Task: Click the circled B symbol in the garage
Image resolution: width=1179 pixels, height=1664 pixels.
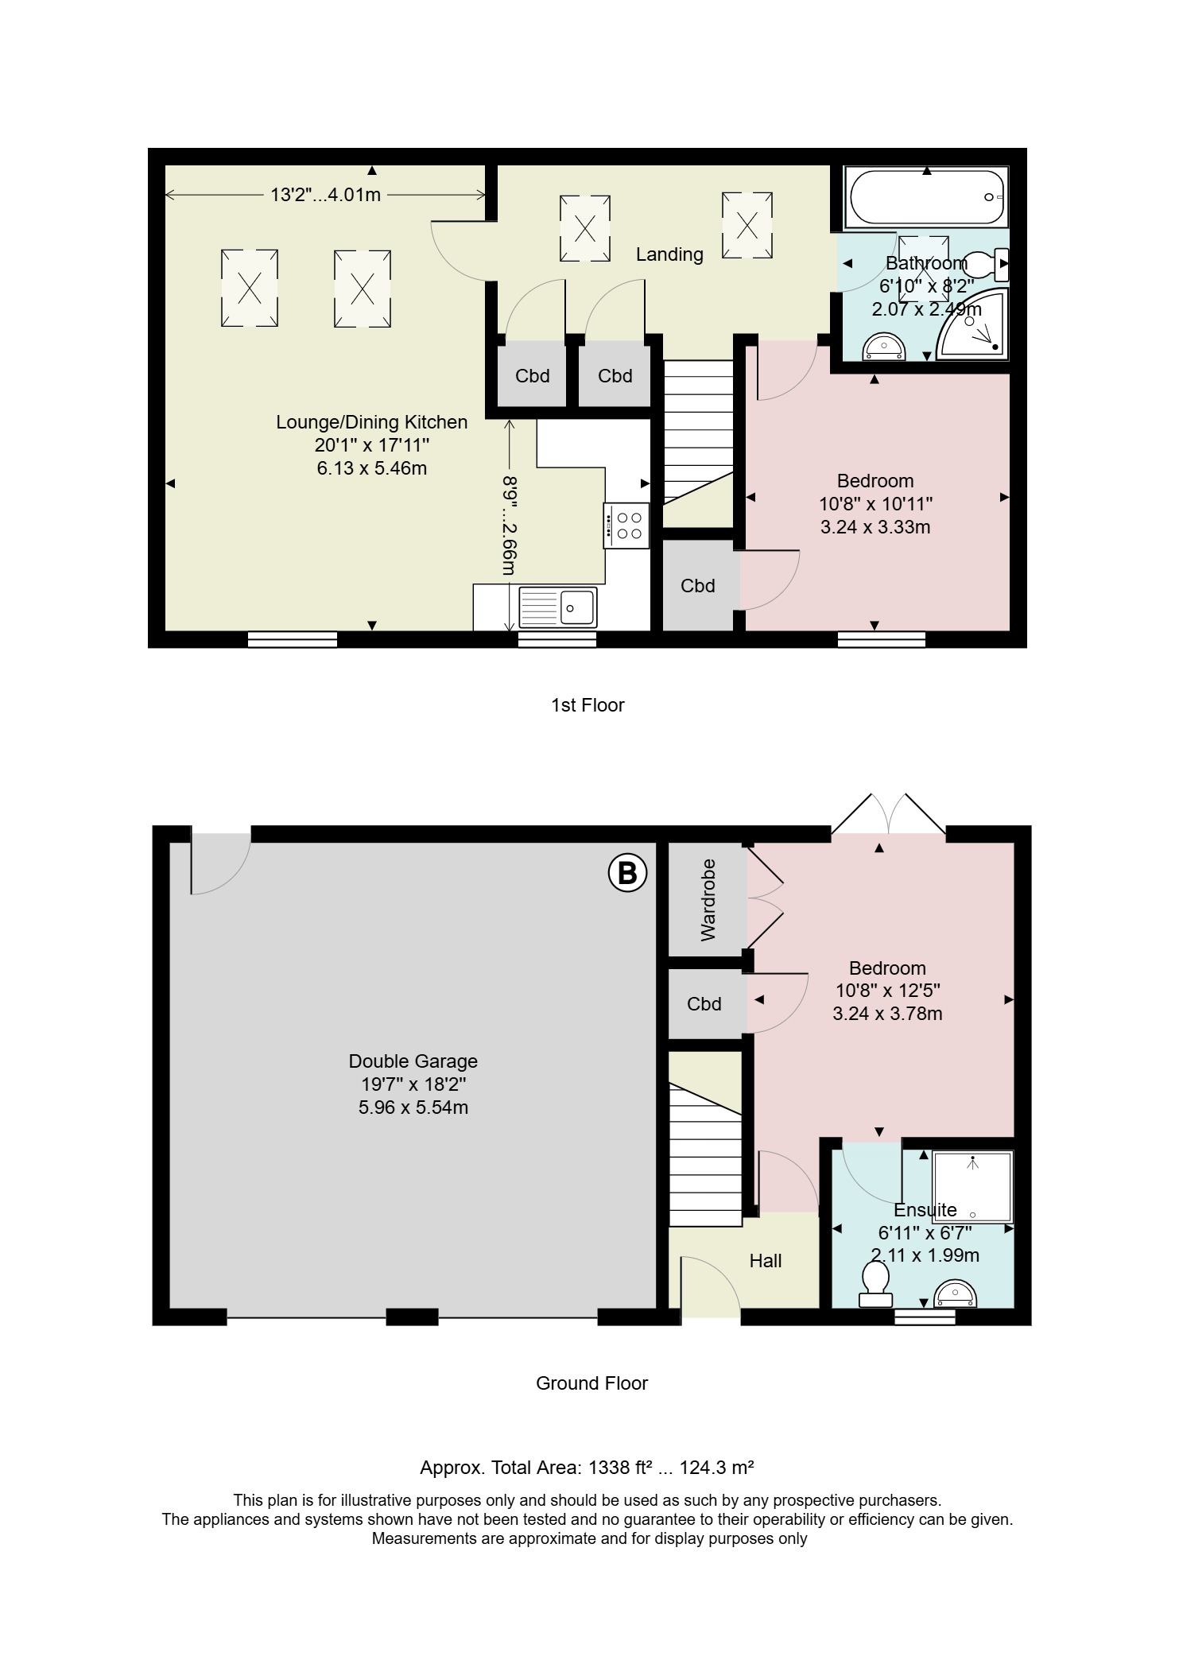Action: point(627,873)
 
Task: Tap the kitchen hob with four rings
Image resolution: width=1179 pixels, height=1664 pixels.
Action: point(626,526)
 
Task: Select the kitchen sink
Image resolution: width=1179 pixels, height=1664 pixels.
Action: point(557,608)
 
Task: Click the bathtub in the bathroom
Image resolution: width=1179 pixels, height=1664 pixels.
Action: point(927,196)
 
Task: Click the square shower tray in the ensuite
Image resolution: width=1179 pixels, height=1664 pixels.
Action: point(973,1186)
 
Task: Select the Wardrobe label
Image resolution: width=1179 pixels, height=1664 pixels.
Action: point(708,900)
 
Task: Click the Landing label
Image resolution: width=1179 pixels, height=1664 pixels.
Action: point(669,254)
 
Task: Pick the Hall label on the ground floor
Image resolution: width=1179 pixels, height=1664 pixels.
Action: point(766,1260)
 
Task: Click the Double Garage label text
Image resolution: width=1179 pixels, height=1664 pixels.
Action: point(413,1061)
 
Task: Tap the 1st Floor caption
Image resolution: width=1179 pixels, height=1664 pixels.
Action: point(588,705)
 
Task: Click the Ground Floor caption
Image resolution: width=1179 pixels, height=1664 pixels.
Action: point(591,1383)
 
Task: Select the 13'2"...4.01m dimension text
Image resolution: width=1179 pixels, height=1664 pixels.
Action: point(326,195)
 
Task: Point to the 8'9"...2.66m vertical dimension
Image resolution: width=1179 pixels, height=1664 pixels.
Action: point(509,526)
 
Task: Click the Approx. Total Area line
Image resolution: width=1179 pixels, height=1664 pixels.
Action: point(587,1468)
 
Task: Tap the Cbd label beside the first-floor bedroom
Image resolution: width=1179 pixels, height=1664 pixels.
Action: point(698,586)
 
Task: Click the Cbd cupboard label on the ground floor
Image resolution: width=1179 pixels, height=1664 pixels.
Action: point(704,1004)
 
